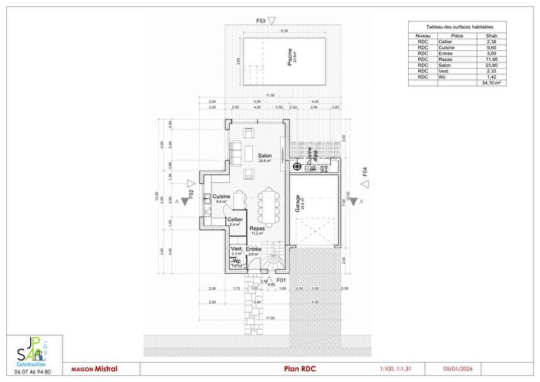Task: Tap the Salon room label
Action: [x=265, y=156]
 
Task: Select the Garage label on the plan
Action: [x=298, y=203]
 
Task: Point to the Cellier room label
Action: [x=235, y=219]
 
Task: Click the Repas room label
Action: [x=258, y=228]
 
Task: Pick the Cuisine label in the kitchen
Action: [x=222, y=196]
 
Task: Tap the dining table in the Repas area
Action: [x=270, y=205]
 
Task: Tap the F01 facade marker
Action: [x=282, y=280]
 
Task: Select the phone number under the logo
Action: [x=32, y=372]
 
